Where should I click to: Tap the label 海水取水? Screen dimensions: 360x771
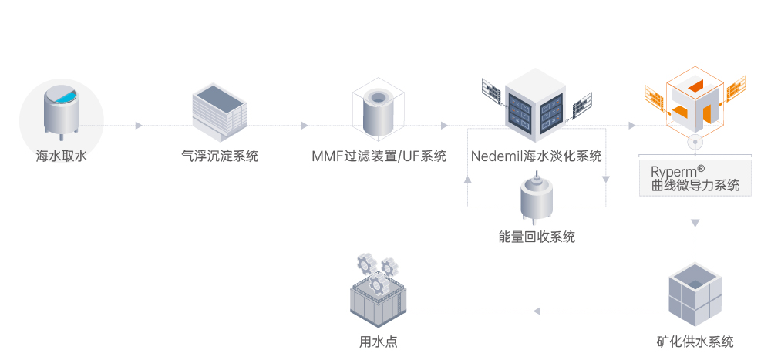coord(61,156)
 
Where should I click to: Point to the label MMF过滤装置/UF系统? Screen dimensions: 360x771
coord(379,156)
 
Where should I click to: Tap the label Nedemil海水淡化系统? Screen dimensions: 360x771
coord(536,156)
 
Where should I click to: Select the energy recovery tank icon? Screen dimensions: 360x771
coord(537,200)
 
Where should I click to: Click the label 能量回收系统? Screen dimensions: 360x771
coord(537,237)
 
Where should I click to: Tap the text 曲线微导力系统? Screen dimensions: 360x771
coord(695,185)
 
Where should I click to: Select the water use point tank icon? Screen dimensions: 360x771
coord(377,298)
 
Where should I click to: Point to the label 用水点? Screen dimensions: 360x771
coord(378,341)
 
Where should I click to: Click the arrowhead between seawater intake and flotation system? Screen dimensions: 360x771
coord(139,125)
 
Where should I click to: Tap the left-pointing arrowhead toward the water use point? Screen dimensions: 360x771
coord(537,311)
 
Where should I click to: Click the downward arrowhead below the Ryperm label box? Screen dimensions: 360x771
coord(695,223)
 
